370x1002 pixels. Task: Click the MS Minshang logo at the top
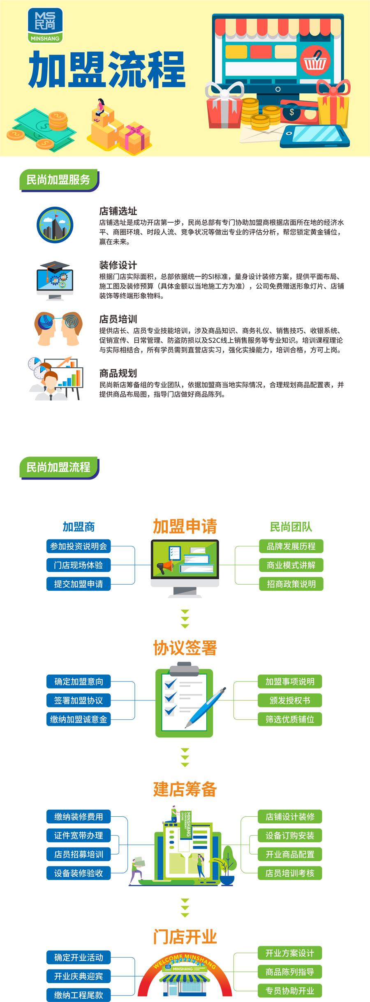click(45, 25)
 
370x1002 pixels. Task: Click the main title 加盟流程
click(107, 70)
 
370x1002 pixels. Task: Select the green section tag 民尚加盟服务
click(58, 180)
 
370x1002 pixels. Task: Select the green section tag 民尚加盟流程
click(58, 467)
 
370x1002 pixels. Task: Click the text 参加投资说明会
click(79, 546)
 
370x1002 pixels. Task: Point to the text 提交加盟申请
click(79, 584)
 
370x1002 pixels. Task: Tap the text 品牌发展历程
click(291, 546)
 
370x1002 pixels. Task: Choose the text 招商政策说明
click(291, 584)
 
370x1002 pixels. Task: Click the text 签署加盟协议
click(79, 700)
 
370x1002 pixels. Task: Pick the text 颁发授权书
click(290, 700)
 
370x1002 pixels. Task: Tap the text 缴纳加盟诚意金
click(79, 719)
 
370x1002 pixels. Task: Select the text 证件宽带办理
click(79, 836)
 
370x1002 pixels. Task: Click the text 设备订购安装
click(290, 836)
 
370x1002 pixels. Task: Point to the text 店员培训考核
click(290, 873)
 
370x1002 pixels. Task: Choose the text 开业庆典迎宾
click(79, 977)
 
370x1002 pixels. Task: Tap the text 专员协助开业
click(290, 991)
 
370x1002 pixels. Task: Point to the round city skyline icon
click(55, 225)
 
